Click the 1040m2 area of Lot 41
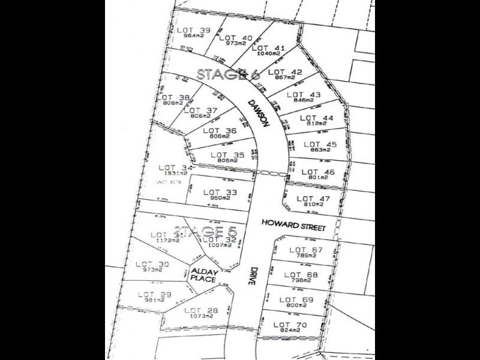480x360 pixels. [x=268, y=54]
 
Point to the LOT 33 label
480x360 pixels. [x=220, y=193]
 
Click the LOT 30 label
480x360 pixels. [x=152, y=264]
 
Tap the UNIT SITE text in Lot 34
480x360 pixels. [x=169, y=182]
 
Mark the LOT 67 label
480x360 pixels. [x=306, y=250]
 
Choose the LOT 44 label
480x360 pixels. [x=316, y=118]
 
